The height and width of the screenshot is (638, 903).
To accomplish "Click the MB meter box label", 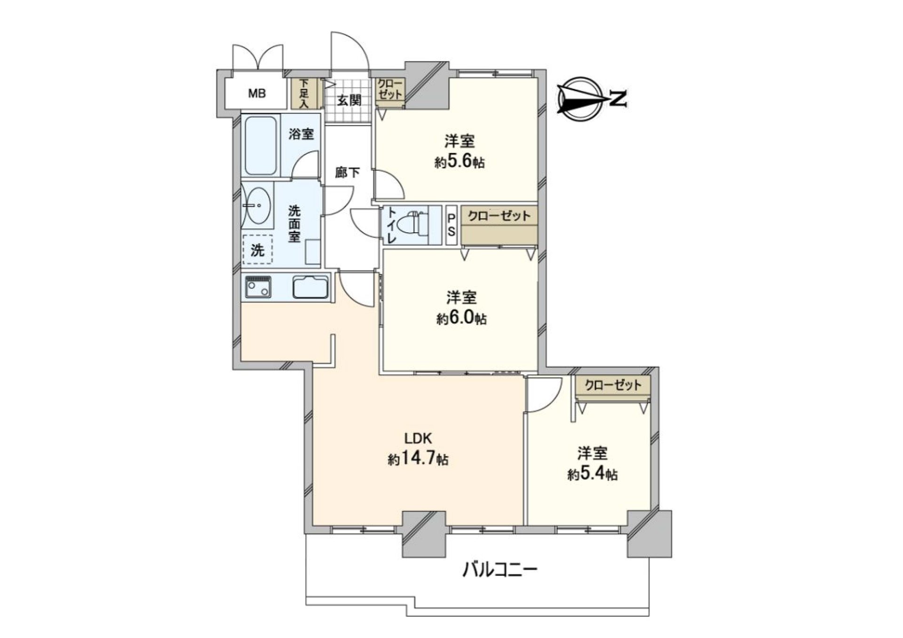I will click(257, 94).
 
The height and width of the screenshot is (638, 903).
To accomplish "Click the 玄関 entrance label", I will click(349, 100).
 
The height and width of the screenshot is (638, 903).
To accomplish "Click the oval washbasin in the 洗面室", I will click(258, 205).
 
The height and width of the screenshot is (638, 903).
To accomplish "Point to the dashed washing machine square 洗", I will click(257, 250).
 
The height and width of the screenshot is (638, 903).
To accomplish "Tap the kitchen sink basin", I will click(310, 287).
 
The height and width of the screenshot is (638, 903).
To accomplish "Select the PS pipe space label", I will click(451, 225).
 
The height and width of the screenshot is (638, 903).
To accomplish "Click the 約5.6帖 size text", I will click(459, 163).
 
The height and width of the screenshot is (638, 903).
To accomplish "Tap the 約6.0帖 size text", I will click(461, 319).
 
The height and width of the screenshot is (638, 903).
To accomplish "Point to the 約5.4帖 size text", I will click(592, 474).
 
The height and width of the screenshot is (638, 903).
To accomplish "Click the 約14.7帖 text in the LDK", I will click(418, 459).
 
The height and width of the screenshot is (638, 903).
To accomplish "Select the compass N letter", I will click(619, 99).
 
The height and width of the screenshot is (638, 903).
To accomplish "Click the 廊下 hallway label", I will click(348, 173).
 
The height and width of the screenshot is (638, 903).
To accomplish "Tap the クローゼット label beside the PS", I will click(499, 216).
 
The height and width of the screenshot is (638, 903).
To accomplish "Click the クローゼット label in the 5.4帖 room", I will click(613, 385).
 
